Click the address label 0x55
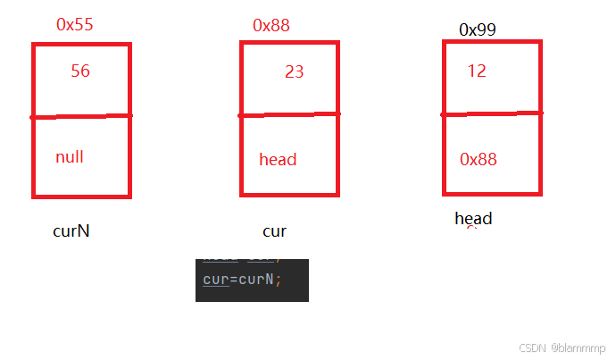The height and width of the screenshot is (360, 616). (74, 24)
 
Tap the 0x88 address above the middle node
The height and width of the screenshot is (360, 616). (272, 25)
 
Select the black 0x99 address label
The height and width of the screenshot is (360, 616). (478, 29)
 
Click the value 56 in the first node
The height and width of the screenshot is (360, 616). (80, 71)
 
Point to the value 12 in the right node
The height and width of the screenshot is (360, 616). (477, 71)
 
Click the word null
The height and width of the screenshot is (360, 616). (70, 157)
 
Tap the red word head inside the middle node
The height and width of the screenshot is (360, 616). (278, 160)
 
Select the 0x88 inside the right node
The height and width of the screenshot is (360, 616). (479, 159)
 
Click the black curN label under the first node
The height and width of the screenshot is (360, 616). (71, 231)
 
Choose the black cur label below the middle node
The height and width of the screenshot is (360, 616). (274, 231)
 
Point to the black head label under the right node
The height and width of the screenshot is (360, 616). (473, 219)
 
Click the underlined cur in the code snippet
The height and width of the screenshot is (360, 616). (215, 279)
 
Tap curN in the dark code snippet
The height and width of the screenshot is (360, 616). (255, 279)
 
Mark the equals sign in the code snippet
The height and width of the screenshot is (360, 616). (232, 279)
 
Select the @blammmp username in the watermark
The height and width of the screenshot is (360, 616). (578, 347)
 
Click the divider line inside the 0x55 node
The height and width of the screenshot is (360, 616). (81, 116)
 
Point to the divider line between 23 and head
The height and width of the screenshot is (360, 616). (289, 114)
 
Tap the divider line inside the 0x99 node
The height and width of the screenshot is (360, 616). (492, 113)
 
